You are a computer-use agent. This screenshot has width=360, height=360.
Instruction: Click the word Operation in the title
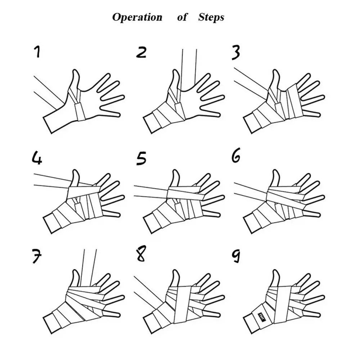tap(137, 17)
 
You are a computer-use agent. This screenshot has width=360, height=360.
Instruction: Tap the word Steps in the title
tap(211, 17)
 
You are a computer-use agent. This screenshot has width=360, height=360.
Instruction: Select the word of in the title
tap(183, 17)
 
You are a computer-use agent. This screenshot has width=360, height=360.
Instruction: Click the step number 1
tap(37, 51)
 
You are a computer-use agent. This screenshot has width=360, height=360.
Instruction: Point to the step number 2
tap(141, 52)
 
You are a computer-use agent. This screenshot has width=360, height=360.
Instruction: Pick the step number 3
tap(236, 52)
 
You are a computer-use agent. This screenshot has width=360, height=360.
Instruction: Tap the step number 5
tap(141, 159)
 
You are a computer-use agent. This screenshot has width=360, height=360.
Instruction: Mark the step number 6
tap(236, 155)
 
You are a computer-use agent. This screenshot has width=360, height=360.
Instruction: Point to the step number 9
tap(236, 256)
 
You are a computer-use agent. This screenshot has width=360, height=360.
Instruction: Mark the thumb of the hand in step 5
tap(175, 180)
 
